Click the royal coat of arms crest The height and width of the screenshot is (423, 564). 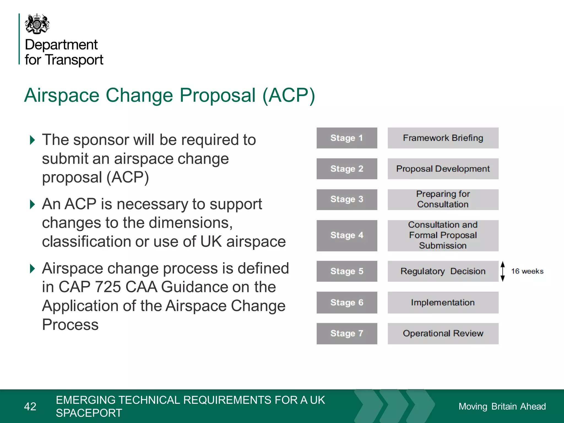[x=37, y=24]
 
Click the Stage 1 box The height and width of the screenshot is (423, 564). [x=347, y=138]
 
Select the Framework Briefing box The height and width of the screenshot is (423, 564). [x=443, y=138]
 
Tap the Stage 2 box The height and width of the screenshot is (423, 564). [x=347, y=169]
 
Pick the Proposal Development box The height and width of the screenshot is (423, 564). [x=443, y=169]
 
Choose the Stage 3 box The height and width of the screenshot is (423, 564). [x=347, y=199]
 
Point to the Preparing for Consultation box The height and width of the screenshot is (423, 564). [x=443, y=199]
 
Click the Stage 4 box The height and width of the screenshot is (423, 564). [x=347, y=235]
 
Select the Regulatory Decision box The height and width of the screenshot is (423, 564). [x=443, y=271]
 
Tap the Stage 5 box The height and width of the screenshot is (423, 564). [x=347, y=271]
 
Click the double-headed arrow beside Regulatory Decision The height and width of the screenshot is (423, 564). [x=503, y=271]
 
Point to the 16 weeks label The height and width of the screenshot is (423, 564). [x=527, y=271]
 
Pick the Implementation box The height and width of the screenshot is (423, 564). [x=443, y=302]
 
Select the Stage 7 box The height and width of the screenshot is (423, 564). [x=347, y=333]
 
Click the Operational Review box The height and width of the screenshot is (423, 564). [x=443, y=333]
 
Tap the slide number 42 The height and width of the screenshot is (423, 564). [x=30, y=406]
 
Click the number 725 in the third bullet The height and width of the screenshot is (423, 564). [x=108, y=287]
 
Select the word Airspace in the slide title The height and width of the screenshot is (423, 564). [x=62, y=95]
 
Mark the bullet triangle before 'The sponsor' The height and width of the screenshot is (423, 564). [x=32, y=140]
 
